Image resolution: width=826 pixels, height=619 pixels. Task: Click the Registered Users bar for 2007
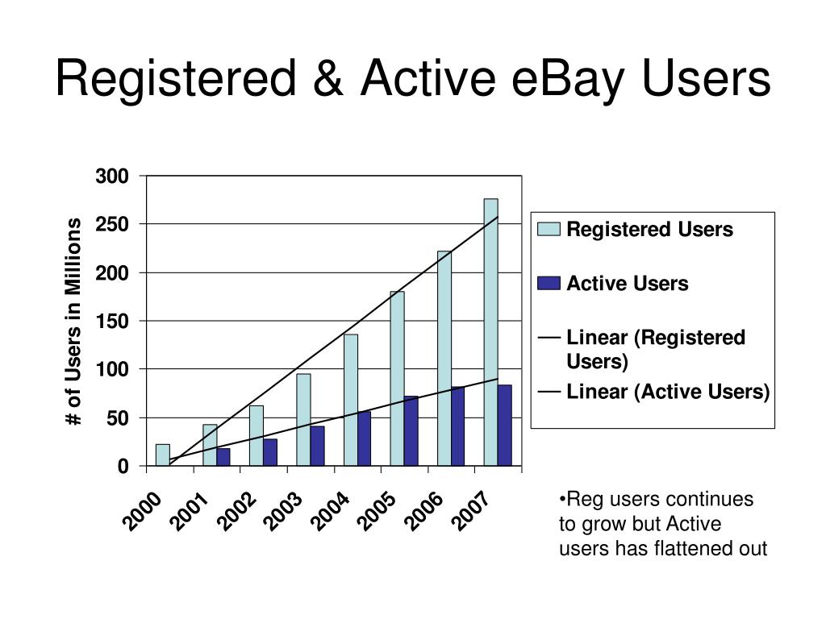click(x=490, y=332)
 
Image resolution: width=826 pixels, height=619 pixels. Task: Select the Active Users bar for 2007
click(x=505, y=426)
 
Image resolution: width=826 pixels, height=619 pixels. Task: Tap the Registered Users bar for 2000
click(x=163, y=455)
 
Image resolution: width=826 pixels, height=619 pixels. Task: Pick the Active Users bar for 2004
click(x=364, y=439)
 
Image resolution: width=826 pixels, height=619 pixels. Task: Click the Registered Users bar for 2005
click(x=397, y=379)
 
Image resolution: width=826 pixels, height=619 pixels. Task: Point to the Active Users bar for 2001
click(x=223, y=457)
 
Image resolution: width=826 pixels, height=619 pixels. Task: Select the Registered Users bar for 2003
click(x=303, y=420)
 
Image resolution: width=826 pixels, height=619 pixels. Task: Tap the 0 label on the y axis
click(x=123, y=467)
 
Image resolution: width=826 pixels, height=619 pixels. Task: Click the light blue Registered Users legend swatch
click(x=549, y=230)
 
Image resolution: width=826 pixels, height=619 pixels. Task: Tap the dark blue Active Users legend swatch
click(x=549, y=284)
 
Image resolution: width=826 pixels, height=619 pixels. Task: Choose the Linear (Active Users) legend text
click(x=668, y=392)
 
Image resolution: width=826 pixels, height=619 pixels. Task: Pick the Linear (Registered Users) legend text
click(x=655, y=349)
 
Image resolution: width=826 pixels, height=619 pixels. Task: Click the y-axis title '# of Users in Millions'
click(x=74, y=321)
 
